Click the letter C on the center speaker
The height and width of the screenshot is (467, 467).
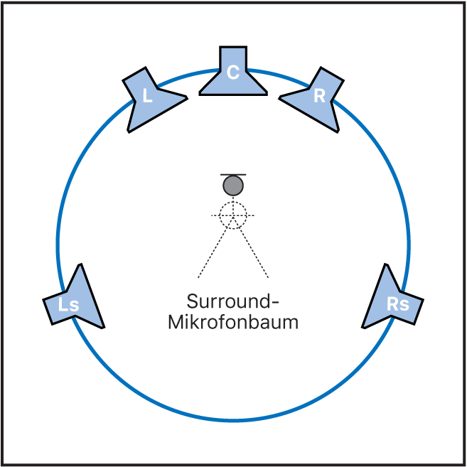(233, 72)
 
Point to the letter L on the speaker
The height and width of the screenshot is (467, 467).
(147, 96)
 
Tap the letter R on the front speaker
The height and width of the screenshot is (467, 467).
(319, 96)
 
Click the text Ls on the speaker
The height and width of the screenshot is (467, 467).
(68, 306)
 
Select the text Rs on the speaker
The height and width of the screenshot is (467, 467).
(397, 304)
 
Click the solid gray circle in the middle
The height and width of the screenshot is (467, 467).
(233, 186)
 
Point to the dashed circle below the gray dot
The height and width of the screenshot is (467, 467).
(232, 214)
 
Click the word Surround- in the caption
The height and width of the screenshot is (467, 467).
(233, 301)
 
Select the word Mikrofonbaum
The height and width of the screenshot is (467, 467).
(233, 322)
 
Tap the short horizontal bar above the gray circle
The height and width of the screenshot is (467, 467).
(233, 174)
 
